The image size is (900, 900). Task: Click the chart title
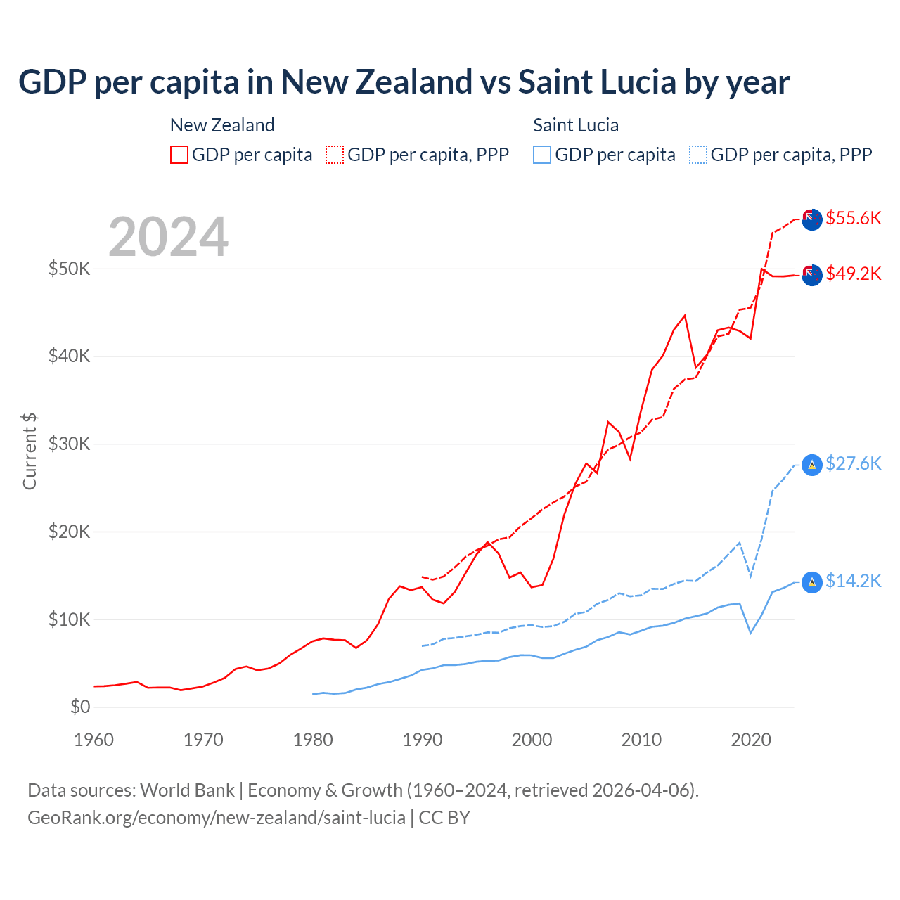pos(404,82)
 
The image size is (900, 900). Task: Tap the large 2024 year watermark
pos(169,237)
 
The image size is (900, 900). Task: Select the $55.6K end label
pos(853,218)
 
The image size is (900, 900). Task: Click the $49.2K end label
pos(853,274)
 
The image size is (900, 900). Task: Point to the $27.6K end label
pos(853,463)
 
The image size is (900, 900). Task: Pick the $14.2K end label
pos(853,581)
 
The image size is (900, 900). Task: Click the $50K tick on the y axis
pos(69,269)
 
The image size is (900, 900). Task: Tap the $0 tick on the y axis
pos(80,707)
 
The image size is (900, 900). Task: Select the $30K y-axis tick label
pos(69,444)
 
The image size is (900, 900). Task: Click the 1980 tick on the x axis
pos(313,740)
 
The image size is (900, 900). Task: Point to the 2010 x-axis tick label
pos(641,740)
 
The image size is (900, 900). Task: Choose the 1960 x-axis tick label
pos(94,740)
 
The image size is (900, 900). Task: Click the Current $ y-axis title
pos(30,451)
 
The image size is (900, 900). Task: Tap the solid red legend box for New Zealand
pos(179,155)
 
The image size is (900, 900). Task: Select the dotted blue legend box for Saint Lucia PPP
pos(698,155)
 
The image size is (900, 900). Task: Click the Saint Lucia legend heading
pos(576,125)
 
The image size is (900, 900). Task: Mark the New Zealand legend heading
pos(222,125)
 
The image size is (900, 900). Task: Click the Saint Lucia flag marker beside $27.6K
pos(812,465)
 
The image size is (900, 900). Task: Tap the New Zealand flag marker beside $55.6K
pos(812,219)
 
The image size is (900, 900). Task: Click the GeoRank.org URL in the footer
pos(217,818)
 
